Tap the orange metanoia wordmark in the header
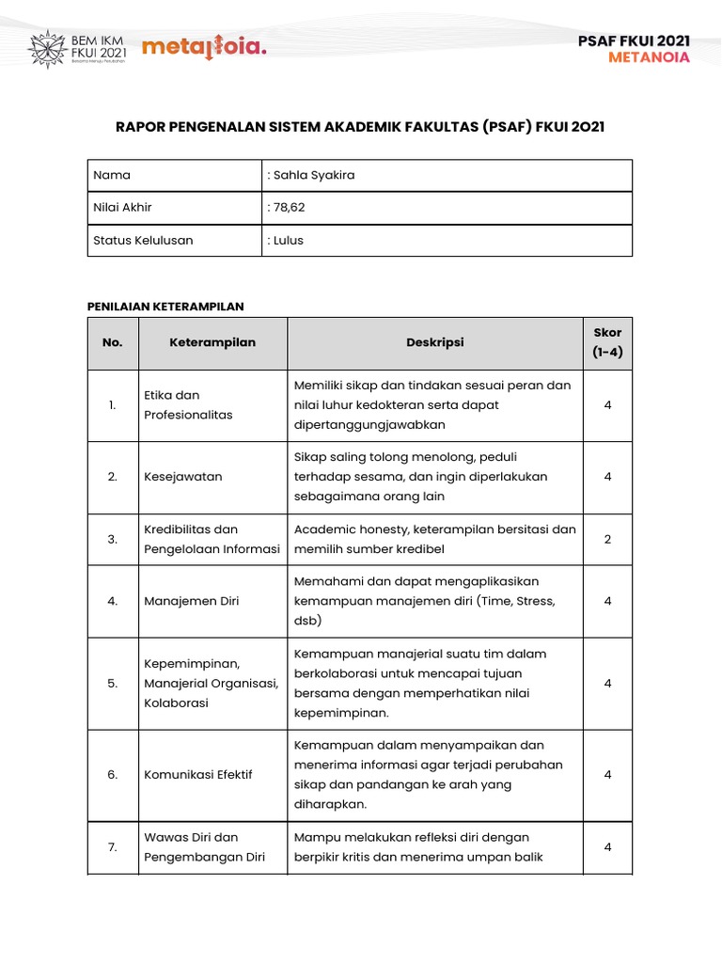point(203,47)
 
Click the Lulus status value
point(289,240)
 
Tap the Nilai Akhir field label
point(122,207)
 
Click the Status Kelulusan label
point(143,240)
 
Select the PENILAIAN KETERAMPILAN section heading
point(165,306)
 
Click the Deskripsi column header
point(434,342)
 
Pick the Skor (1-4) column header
point(607,342)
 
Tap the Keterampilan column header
point(212,342)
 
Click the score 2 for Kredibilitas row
point(607,539)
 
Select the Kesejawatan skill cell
point(183,476)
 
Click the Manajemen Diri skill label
point(191,601)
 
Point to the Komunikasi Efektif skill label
point(198,774)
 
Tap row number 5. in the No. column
point(113,684)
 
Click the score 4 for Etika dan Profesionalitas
point(607,404)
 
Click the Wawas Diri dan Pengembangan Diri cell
point(204,846)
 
